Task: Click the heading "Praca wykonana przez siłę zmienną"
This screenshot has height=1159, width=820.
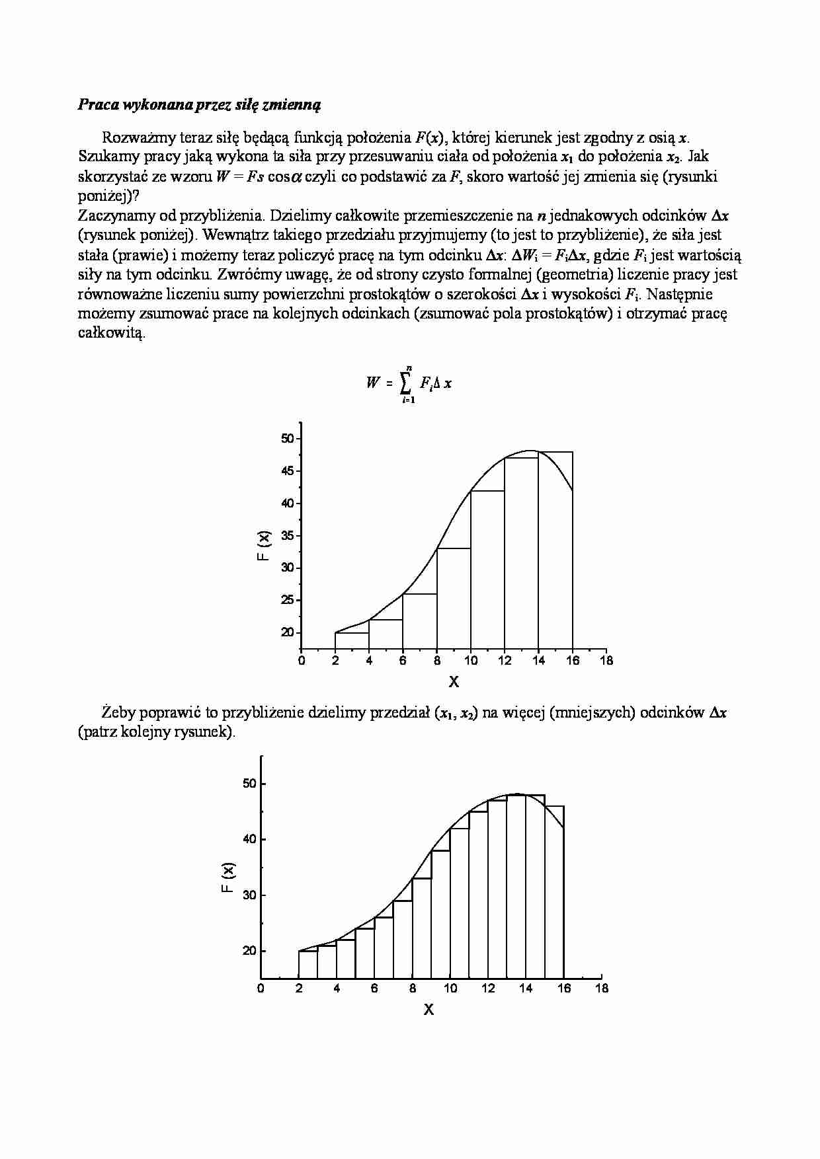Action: point(199,104)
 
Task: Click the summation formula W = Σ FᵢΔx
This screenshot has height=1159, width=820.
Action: point(409,383)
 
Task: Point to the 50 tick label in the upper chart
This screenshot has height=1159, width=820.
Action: point(288,439)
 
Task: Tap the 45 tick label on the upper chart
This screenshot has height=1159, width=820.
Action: point(288,471)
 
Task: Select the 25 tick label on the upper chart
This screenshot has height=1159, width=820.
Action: point(288,600)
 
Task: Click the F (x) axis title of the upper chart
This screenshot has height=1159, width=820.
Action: point(264,546)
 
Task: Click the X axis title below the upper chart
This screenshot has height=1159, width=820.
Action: point(454,681)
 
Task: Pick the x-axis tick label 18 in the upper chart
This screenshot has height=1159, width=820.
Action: point(606,660)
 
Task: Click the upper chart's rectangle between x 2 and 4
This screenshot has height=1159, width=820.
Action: point(352,642)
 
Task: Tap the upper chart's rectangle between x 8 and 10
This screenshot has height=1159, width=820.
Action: point(454,599)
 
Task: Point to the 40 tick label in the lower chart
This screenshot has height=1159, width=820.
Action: point(249,839)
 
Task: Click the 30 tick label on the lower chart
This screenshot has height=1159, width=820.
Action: point(249,895)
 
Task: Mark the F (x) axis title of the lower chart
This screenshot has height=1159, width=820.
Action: point(227,879)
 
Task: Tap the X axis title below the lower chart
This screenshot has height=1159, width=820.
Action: point(429,1009)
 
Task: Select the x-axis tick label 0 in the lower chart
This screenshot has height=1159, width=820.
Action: point(261,989)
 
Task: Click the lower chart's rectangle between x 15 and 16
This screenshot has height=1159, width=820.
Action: point(554,892)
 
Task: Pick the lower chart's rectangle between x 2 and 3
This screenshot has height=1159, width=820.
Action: point(308,965)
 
